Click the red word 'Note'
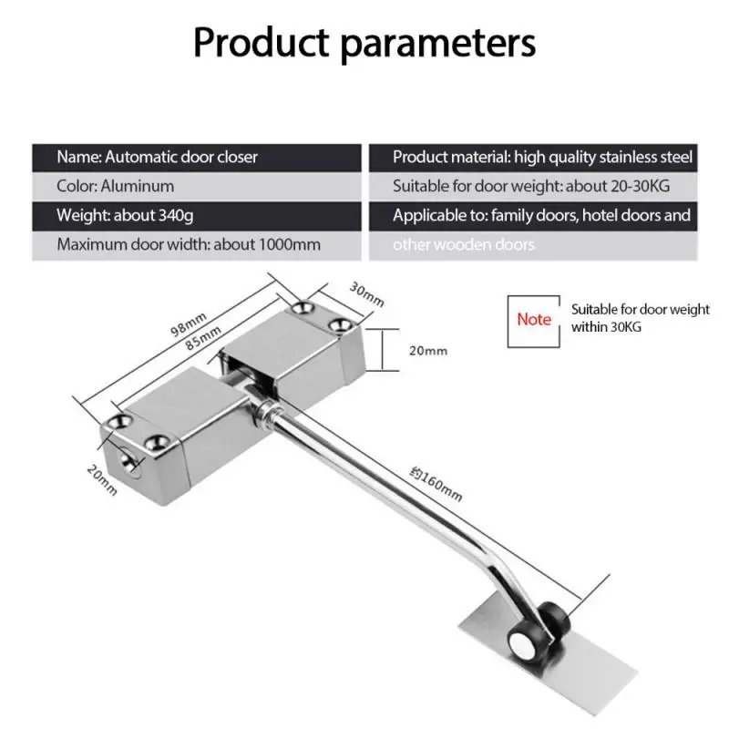coord(534,319)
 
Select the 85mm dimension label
coord(207,341)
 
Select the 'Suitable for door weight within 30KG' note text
coord(640,318)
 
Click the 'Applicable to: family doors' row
coord(541,216)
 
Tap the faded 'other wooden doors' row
coord(464,245)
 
